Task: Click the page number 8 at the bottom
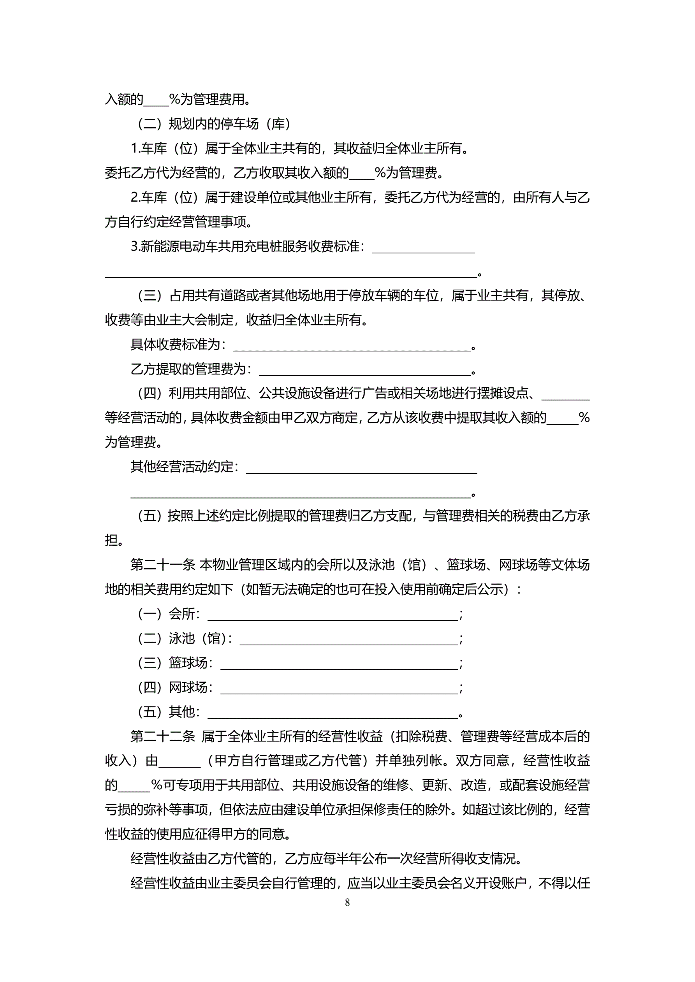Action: click(x=347, y=903)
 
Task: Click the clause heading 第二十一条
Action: click(x=163, y=565)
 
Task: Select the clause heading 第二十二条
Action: click(x=163, y=736)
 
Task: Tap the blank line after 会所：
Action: click(x=333, y=615)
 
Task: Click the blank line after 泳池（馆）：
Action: click(x=348, y=639)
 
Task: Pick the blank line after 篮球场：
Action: click(x=339, y=664)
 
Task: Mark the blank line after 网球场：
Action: click(x=339, y=688)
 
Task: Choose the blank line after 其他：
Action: click(x=333, y=713)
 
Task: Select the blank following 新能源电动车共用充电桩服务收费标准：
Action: click(x=423, y=248)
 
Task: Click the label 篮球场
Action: click(x=188, y=663)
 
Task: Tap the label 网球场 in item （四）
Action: click(x=188, y=687)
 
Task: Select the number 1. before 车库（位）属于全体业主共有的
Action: click(x=135, y=149)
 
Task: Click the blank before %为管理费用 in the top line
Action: click(x=156, y=100)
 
